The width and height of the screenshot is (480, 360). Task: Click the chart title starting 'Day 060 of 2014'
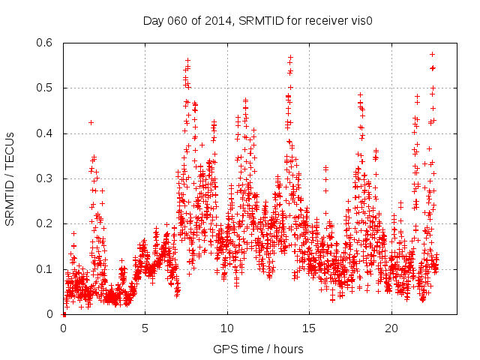258,20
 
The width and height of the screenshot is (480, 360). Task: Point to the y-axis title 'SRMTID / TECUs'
10,178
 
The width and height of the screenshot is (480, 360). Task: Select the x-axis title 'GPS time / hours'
258,349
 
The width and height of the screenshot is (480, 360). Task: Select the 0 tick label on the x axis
63,328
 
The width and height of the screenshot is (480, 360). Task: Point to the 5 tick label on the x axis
145,328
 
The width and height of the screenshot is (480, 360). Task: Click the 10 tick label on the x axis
227,328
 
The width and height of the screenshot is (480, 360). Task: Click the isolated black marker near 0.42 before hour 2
91,122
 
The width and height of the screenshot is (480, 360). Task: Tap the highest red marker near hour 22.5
432,54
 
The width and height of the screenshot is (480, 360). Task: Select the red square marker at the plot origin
64,314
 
